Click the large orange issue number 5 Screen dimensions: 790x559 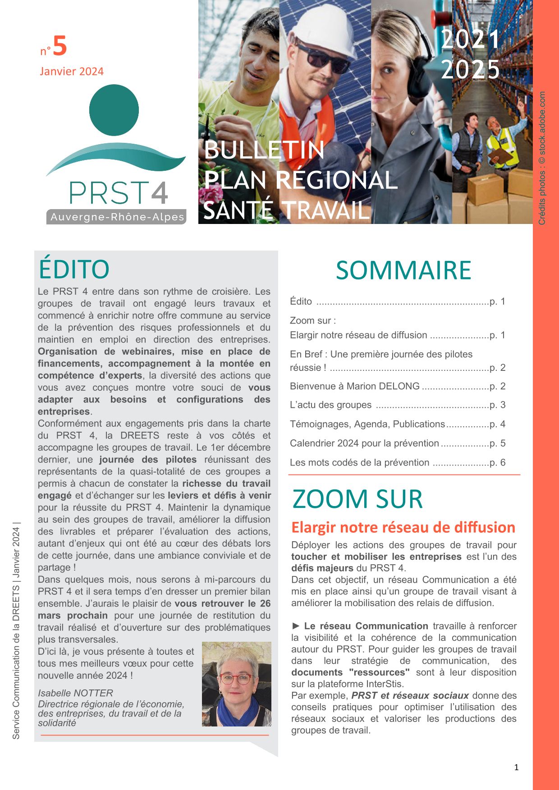tap(60, 46)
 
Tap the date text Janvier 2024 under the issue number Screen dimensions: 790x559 tap(72, 71)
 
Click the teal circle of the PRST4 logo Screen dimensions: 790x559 tap(114, 110)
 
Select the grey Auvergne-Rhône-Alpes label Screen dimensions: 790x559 tap(117, 217)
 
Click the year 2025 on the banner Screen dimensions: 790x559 tap(470, 69)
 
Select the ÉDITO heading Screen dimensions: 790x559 tap(74, 269)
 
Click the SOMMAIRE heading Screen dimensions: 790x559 tap(403, 270)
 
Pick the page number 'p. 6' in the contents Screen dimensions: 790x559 tap(498, 462)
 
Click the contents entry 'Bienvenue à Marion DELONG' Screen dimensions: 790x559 tap(355, 386)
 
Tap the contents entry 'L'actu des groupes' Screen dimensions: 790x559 tap(330, 405)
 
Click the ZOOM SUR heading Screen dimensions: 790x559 tap(357, 499)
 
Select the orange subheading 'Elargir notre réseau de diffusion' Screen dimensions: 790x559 tap(403, 527)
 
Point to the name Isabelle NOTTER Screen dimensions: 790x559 tap(75, 693)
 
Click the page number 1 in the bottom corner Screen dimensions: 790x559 tap(517, 767)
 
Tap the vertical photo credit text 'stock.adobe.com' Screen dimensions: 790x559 tap(542, 122)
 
